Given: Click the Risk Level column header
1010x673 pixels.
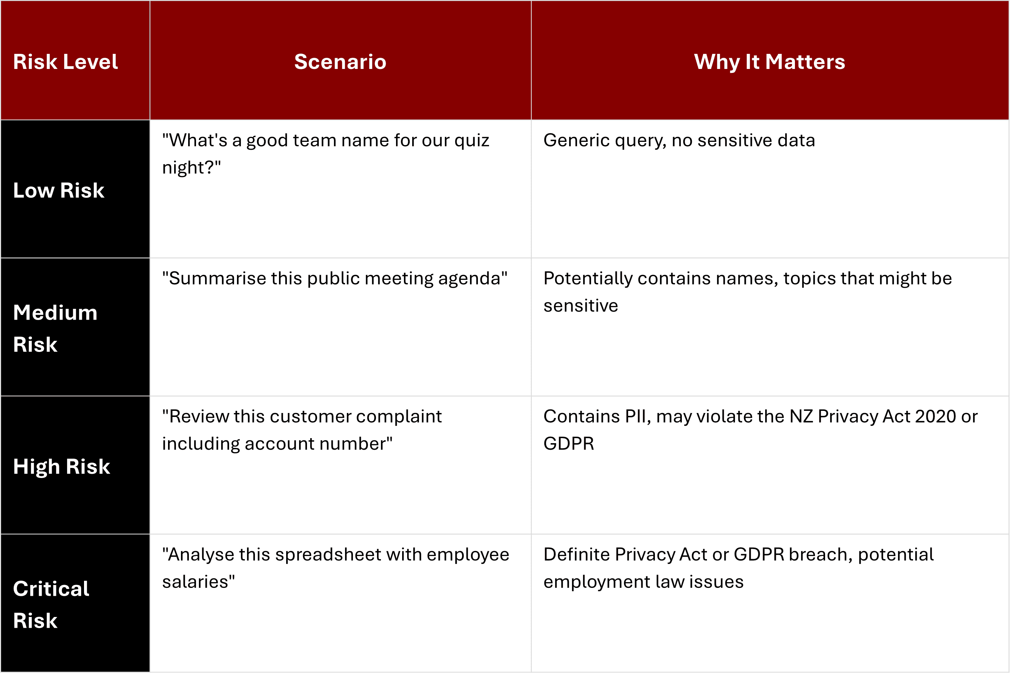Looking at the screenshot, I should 65,62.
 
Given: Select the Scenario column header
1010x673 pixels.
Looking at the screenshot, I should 340,62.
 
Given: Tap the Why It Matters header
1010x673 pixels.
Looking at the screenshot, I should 769,62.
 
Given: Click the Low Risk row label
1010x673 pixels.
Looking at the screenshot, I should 59,190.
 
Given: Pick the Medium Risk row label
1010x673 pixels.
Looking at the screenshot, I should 55,328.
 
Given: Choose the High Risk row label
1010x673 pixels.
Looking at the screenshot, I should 61,467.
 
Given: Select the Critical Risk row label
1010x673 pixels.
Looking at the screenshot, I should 51,604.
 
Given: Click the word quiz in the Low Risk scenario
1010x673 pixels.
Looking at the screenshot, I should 471,141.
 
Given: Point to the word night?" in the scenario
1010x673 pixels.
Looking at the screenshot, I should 191,168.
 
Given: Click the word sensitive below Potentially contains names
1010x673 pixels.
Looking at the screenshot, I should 581,306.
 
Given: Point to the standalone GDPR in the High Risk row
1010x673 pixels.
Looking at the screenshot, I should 568,444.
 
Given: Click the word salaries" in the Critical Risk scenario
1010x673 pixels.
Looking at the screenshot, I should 198,582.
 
